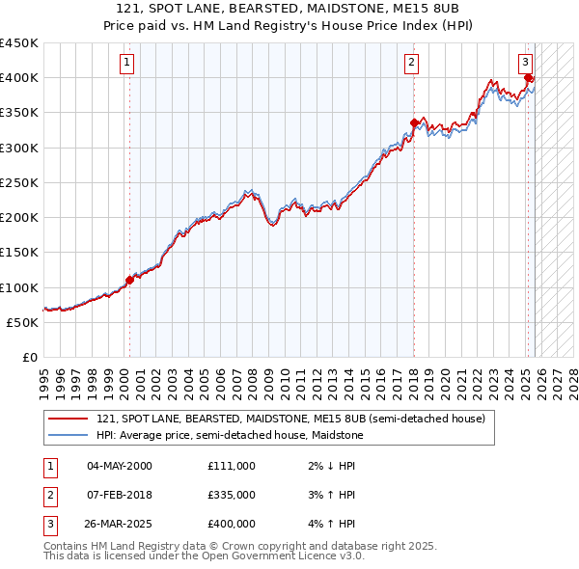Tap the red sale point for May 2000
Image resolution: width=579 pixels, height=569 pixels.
pyautogui.click(x=129, y=280)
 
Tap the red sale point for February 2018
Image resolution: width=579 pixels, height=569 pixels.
pyautogui.click(x=414, y=122)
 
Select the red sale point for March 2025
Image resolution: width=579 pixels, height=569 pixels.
pyautogui.click(x=529, y=77)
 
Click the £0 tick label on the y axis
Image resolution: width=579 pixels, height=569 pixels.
pyautogui.click(x=29, y=358)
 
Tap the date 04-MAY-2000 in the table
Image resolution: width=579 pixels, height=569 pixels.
pyautogui.click(x=120, y=466)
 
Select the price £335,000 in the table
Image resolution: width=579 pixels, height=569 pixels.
pyautogui.click(x=232, y=495)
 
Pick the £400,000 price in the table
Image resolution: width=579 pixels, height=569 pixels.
pyautogui.click(x=232, y=525)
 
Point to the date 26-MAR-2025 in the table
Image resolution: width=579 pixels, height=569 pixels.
pyautogui.click(x=121, y=525)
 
